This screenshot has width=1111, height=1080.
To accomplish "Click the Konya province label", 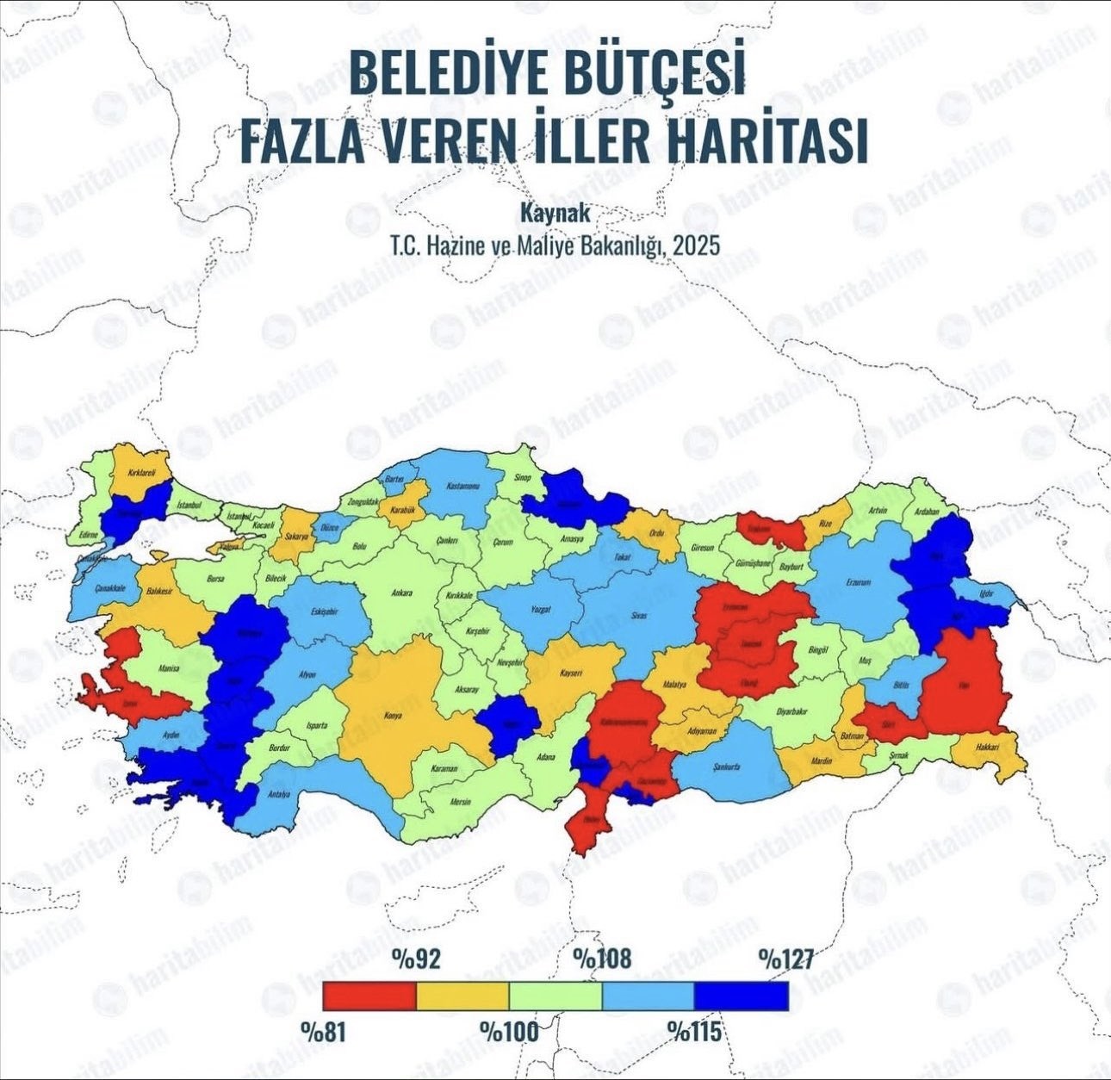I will pyautogui.click(x=393, y=715).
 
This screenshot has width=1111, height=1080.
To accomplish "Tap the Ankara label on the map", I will pyautogui.click(x=402, y=593).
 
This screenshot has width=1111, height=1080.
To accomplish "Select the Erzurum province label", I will pyautogui.click(x=858, y=583).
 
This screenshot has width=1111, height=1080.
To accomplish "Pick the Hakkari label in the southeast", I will pyautogui.click(x=987, y=748).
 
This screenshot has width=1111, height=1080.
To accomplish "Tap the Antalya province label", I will pyautogui.click(x=278, y=794).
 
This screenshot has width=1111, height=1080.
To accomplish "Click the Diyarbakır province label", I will pyautogui.click(x=792, y=711).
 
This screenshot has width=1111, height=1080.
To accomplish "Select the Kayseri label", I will pyautogui.click(x=573, y=673).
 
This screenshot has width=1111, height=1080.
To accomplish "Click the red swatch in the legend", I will pyautogui.click(x=369, y=996).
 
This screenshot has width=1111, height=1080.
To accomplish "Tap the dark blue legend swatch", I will pyautogui.click(x=742, y=996).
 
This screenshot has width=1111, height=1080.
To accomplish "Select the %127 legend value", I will pyautogui.click(x=785, y=959).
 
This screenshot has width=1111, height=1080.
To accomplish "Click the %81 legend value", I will pyautogui.click(x=324, y=1031).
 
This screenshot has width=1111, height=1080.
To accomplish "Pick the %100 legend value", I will pyautogui.click(x=508, y=1031).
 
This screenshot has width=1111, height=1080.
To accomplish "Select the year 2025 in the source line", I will pyautogui.click(x=696, y=245).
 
